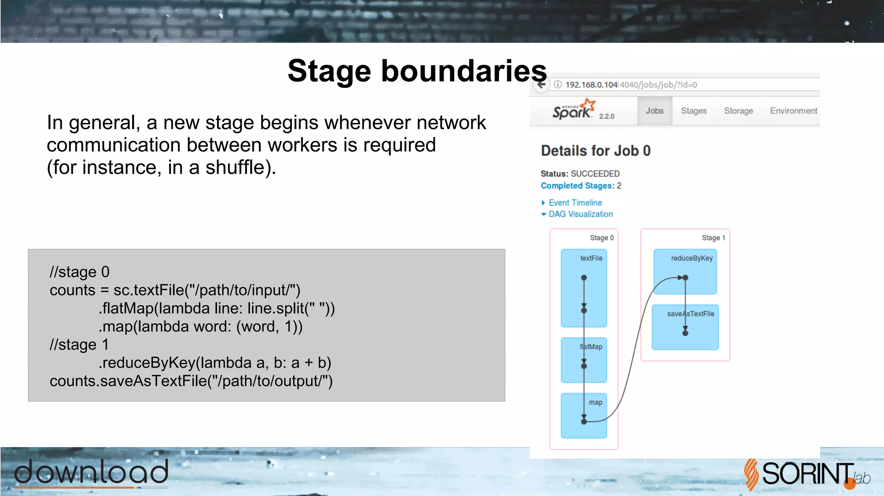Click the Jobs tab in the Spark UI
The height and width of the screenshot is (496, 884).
click(654, 111)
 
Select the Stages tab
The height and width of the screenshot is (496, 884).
click(694, 111)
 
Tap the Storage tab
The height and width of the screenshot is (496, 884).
click(739, 111)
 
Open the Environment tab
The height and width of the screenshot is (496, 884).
click(793, 111)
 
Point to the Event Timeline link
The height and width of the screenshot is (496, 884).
click(575, 203)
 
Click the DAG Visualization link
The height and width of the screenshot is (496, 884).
click(580, 214)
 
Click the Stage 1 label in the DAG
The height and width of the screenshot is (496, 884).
click(713, 238)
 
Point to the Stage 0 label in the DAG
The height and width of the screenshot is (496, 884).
click(602, 238)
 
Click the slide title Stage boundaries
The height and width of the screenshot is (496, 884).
click(417, 71)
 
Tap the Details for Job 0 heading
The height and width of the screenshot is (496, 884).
click(596, 151)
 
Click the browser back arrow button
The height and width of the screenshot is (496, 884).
click(541, 85)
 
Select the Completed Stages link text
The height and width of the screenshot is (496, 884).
click(577, 186)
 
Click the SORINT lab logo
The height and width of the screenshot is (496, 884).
click(805, 474)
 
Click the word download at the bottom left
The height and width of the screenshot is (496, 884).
click(92, 472)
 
